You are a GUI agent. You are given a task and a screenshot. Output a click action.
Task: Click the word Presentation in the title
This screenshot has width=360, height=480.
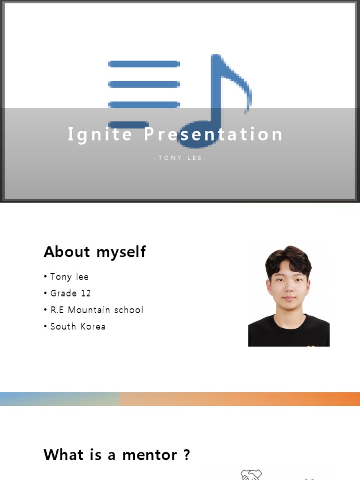point(213,135)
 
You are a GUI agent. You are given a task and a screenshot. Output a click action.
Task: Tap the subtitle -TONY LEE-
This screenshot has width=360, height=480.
point(180,158)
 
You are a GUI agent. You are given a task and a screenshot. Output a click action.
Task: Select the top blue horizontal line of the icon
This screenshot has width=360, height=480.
point(144,64)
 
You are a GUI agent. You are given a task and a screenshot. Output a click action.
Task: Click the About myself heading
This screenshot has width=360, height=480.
point(95,252)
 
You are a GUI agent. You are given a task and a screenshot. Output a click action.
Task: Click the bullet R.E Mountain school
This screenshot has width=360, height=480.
point(97,310)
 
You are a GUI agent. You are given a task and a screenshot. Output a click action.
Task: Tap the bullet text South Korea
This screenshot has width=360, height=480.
point(78,326)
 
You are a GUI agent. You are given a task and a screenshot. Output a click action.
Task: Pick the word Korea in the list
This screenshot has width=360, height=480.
point(92,326)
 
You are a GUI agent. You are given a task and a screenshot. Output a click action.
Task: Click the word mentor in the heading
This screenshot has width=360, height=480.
point(150,455)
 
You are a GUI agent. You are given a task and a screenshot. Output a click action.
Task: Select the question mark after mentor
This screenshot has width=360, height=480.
point(187,455)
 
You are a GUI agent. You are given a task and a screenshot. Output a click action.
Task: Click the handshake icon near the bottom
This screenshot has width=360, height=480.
point(251,475)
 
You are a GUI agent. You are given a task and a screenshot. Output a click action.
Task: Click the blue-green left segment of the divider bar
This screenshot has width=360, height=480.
point(59,399)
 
